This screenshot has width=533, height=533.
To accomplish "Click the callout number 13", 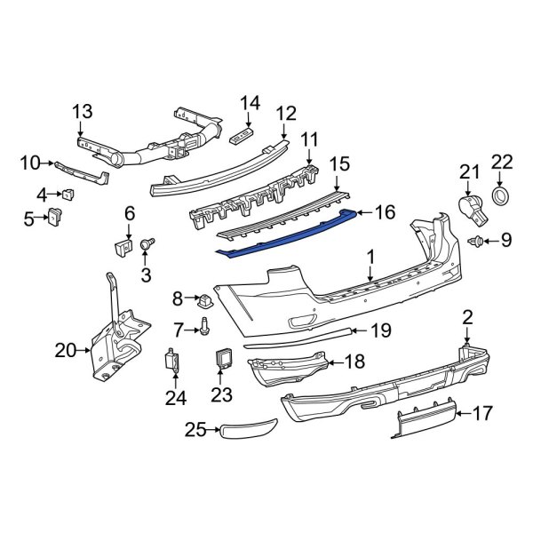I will coord(82,111).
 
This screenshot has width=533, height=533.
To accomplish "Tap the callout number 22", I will coord(502,161).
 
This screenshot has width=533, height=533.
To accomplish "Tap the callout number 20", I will coord(66,350).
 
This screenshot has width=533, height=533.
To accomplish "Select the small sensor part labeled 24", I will coord(169,362).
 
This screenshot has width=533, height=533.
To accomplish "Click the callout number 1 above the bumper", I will coord(370,259).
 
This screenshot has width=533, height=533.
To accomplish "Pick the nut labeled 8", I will coord(204,298).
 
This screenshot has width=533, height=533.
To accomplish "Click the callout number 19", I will coord(380,331).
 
